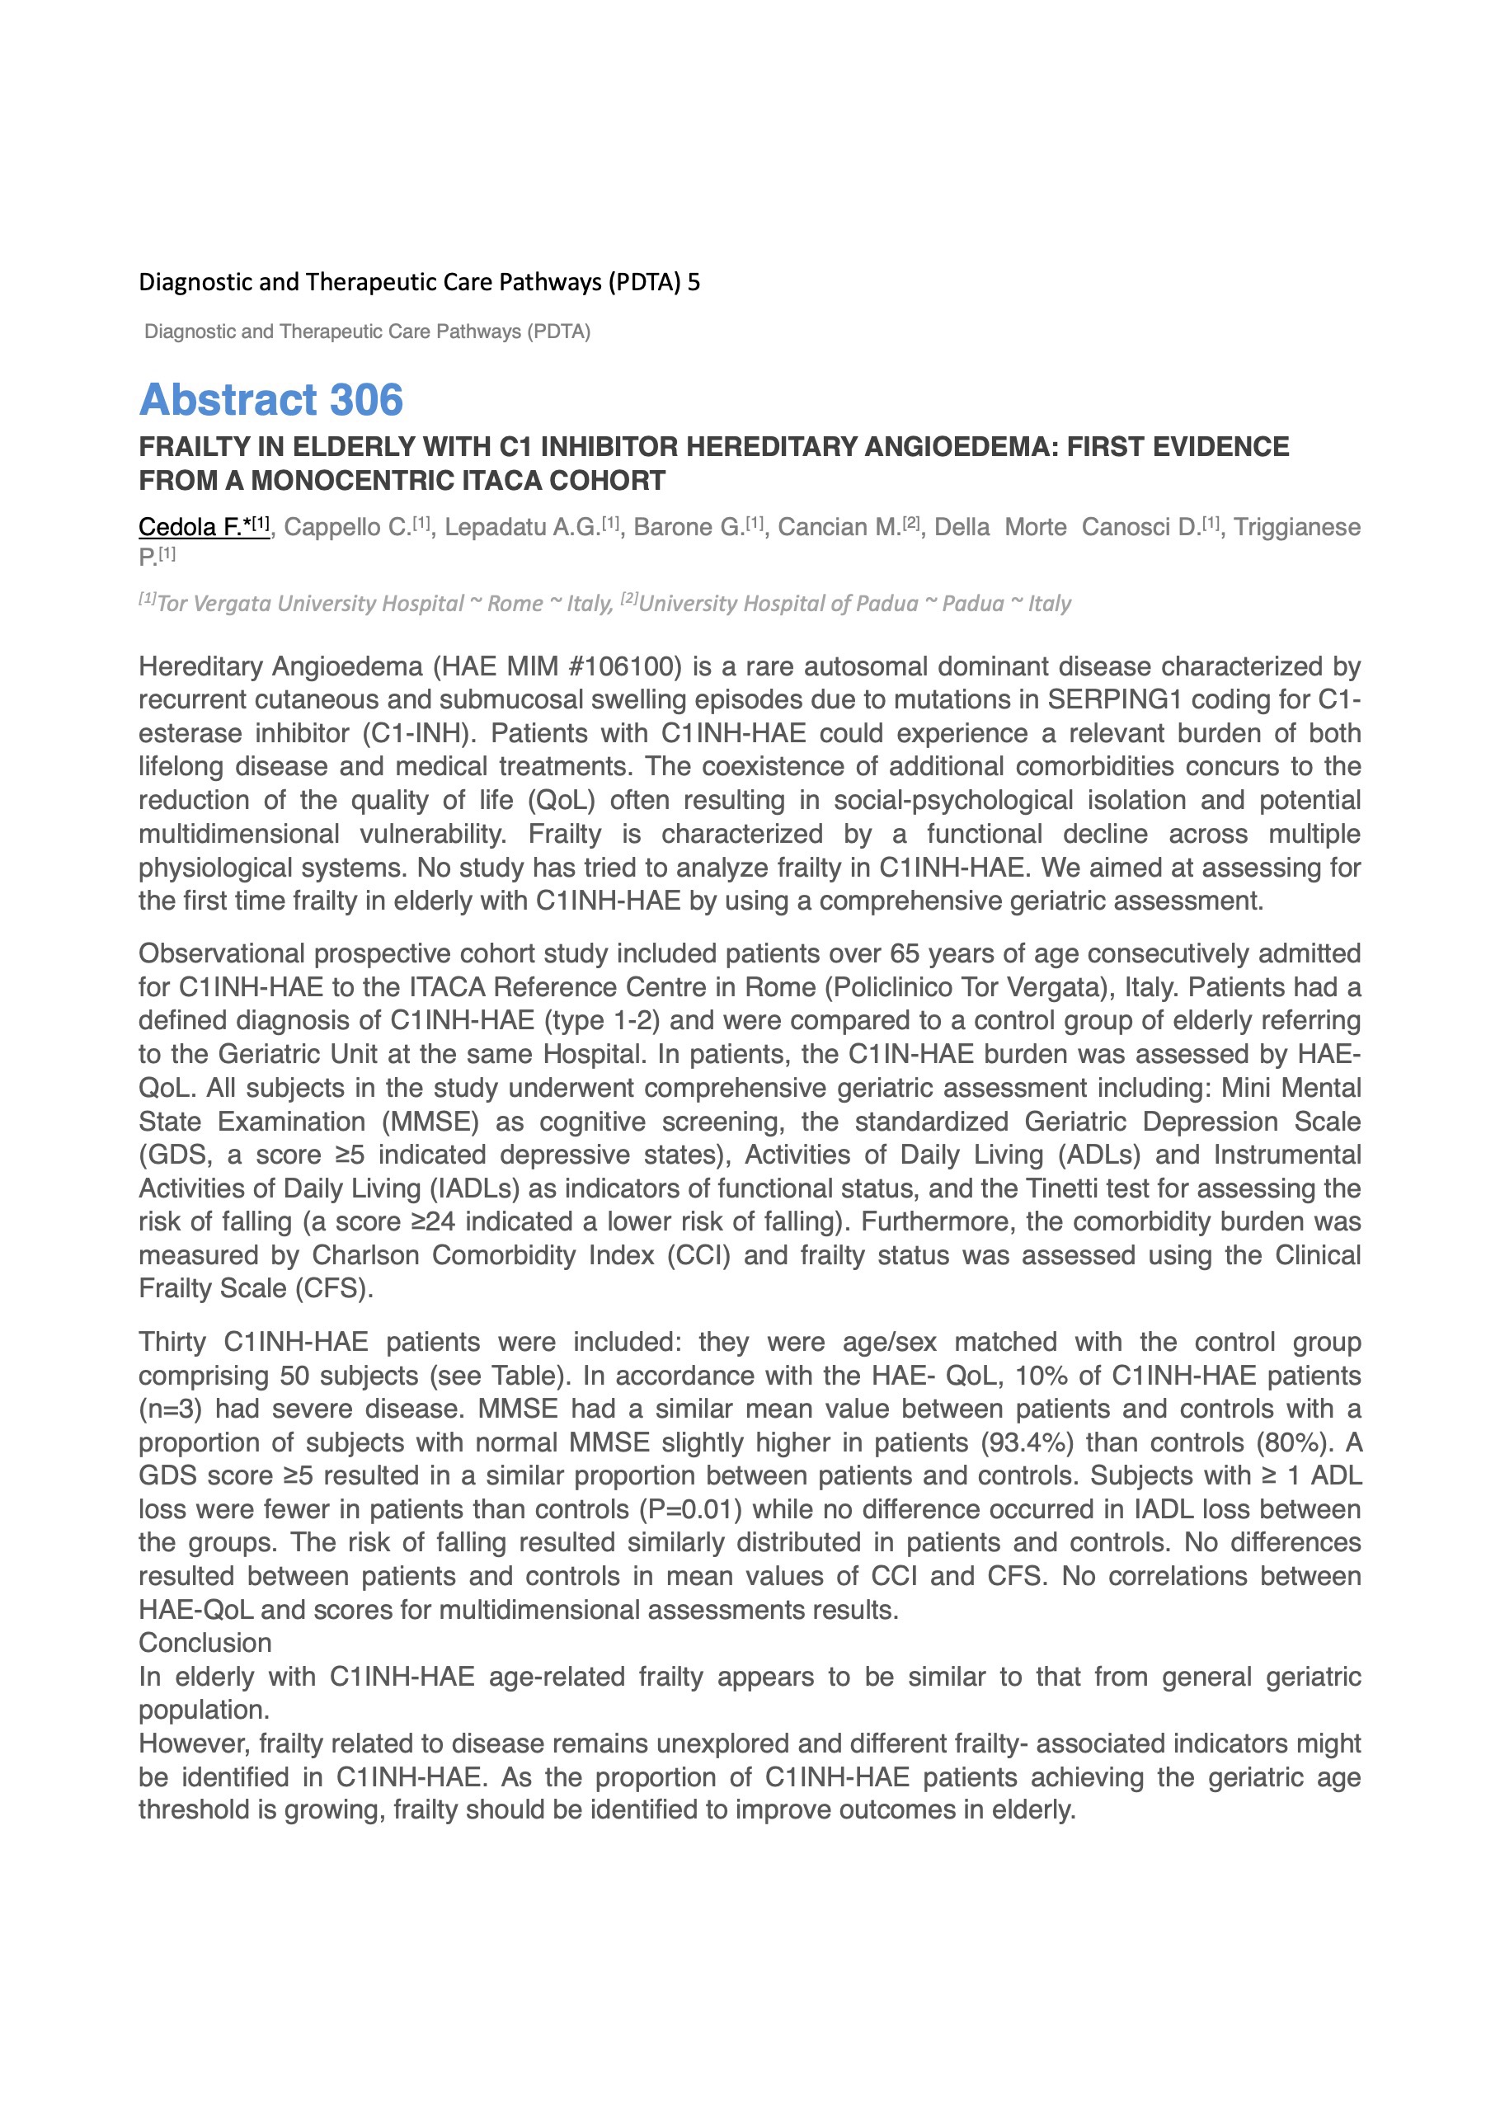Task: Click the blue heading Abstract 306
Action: (x=270, y=399)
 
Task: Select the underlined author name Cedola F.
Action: (x=190, y=527)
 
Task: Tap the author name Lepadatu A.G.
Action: (x=521, y=527)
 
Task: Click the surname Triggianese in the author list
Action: (x=1296, y=527)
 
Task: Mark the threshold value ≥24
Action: (x=434, y=1221)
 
